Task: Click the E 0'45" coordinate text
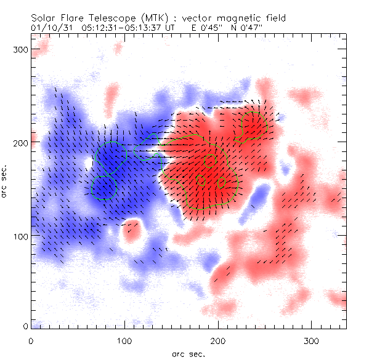(206, 28)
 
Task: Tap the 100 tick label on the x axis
(124, 340)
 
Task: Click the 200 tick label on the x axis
(217, 340)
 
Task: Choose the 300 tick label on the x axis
(311, 340)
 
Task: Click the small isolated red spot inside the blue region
(131, 231)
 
